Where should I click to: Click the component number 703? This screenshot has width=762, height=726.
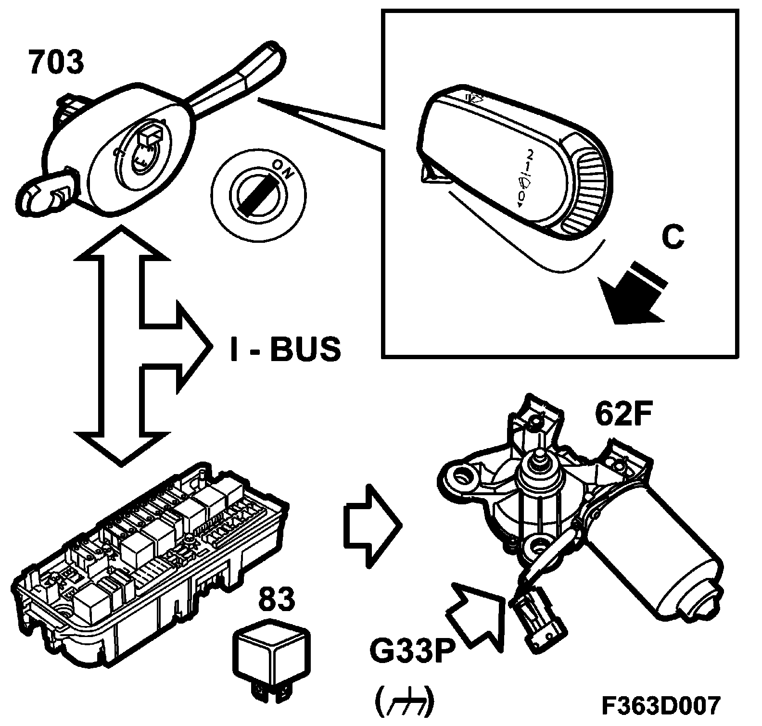pyautogui.click(x=56, y=63)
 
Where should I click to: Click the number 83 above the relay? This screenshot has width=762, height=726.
pyautogui.click(x=277, y=600)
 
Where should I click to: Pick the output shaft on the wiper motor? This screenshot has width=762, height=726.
pyautogui.click(x=539, y=459)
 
